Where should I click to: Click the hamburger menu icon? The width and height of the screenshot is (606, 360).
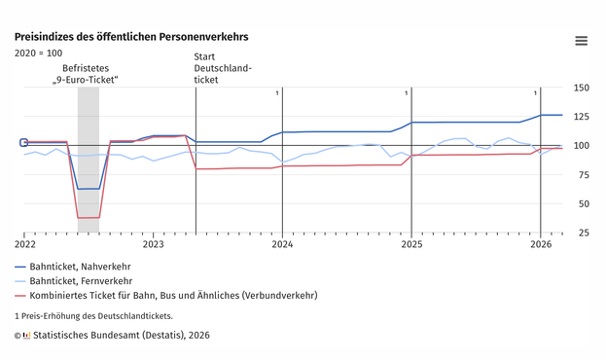click(x=582, y=41)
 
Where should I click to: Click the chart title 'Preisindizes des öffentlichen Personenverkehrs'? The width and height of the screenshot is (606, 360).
click(x=131, y=37)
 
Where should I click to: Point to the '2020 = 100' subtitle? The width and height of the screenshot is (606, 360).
click(x=38, y=53)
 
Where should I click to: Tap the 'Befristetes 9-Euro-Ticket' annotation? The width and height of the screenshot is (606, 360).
click(x=86, y=74)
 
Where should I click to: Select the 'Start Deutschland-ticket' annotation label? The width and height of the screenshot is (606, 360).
click(x=223, y=68)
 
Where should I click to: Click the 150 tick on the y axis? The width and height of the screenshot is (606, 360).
click(x=582, y=88)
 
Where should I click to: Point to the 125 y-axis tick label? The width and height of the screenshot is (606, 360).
click(x=582, y=117)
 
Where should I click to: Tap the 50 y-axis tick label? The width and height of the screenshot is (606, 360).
click(x=584, y=203)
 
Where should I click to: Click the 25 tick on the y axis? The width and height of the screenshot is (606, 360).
click(x=584, y=233)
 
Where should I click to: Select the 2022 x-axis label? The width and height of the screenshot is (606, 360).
click(x=25, y=244)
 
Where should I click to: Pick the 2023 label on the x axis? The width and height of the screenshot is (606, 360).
click(x=153, y=244)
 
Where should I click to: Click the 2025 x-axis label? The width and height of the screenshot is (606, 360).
click(x=411, y=244)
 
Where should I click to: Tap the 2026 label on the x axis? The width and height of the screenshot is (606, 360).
click(x=541, y=244)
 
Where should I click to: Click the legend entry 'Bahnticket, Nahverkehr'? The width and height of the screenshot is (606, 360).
click(x=73, y=267)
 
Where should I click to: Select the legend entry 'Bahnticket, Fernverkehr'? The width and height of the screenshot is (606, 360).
click(x=73, y=281)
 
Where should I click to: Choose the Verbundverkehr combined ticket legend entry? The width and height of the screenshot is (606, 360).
click(x=166, y=296)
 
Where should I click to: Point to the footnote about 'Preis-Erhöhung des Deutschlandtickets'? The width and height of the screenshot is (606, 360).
click(x=93, y=316)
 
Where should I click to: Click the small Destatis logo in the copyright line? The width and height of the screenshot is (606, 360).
click(x=26, y=336)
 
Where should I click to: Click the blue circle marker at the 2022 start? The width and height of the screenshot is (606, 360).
click(x=23, y=143)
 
